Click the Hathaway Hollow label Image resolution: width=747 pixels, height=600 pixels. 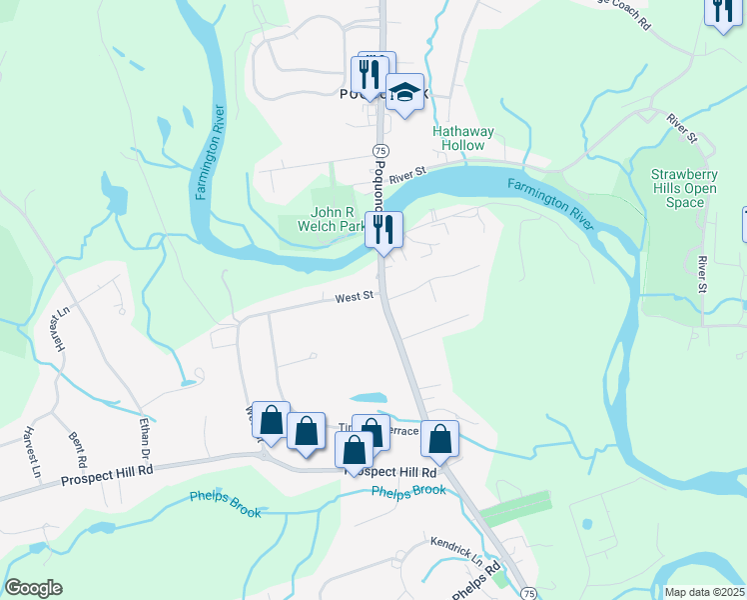tap(458, 138)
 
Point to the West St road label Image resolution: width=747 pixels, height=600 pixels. tap(354, 296)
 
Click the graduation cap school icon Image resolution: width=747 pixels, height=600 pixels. tap(404, 93)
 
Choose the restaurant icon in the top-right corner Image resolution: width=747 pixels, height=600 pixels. tap(721, 12)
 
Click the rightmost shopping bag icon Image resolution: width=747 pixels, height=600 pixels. tap(439, 438)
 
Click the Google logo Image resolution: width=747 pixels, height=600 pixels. tap(33, 588)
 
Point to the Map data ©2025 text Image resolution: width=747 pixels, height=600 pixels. tap(705, 592)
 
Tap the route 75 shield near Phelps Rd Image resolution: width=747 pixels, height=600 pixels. tap(528, 592)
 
